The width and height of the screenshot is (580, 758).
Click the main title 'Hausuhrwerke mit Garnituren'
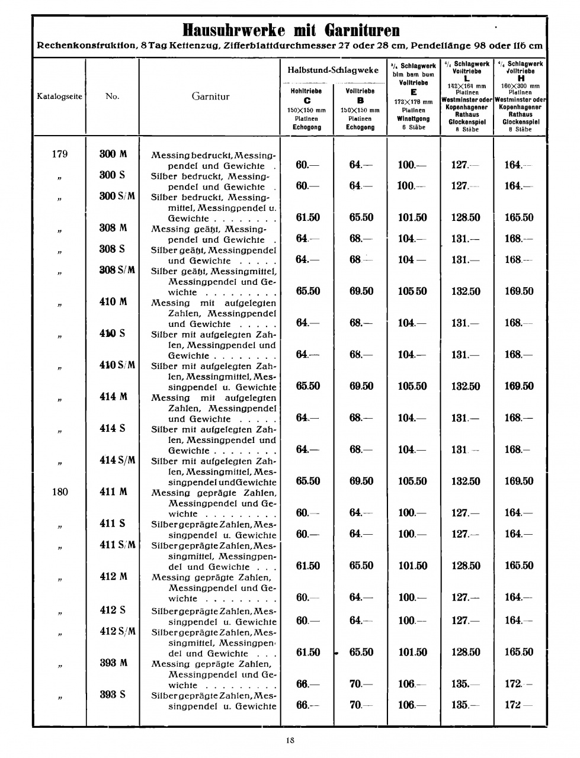(290, 30)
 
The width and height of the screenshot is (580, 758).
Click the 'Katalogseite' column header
(59, 96)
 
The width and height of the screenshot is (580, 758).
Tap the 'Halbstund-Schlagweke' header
(333, 70)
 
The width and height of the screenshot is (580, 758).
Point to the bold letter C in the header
(307, 100)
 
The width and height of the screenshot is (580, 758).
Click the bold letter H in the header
(521, 78)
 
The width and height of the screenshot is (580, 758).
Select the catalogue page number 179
(60, 154)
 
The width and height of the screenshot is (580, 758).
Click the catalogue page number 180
(60, 492)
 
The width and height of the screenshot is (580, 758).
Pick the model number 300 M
(113, 154)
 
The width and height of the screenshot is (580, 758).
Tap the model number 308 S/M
(117, 270)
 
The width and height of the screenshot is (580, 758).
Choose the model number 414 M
(113, 397)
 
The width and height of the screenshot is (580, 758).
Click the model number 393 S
(113, 695)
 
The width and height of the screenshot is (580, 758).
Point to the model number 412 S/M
(117, 631)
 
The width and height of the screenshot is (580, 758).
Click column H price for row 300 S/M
(519, 217)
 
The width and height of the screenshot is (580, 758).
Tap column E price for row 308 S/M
(412, 291)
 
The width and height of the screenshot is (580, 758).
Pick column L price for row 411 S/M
(466, 566)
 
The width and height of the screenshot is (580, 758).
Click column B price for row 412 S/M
(361, 652)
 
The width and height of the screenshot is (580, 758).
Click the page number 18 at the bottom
(290, 740)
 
